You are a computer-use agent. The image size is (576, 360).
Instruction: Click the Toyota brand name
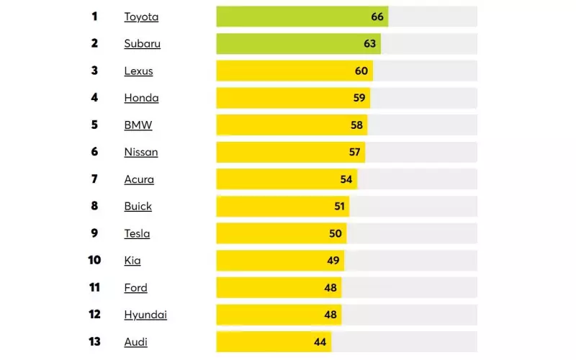[x=141, y=17]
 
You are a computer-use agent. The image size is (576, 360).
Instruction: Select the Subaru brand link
[x=142, y=44]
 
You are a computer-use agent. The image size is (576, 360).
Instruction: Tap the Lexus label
[x=138, y=71]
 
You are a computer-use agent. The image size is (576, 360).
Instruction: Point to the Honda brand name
[x=141, y=98]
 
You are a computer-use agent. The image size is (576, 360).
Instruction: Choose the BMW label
[x=138, y=125]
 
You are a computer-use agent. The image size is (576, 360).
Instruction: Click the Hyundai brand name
[x=145, y=315]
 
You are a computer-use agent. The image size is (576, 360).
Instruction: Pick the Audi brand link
[x=135, y=342]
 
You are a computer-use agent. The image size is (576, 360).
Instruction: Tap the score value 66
[x=377, y=17]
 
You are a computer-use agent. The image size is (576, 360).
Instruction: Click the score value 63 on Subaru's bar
[x=370, y=44]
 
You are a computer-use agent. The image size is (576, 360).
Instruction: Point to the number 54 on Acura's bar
[x=346, y=179]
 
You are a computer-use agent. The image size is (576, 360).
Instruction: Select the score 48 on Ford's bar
[x=330, y=287]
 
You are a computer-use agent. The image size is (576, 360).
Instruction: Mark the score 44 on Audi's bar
[x=320, y=342]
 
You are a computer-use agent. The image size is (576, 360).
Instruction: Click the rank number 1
[x=94, y=17]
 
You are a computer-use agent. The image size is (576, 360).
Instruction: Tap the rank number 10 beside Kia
[x=94, y=261]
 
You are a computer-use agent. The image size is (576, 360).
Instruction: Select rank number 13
[x=94, y=342]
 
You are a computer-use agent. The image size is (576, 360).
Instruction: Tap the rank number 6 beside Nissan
[x=94, y=152]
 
